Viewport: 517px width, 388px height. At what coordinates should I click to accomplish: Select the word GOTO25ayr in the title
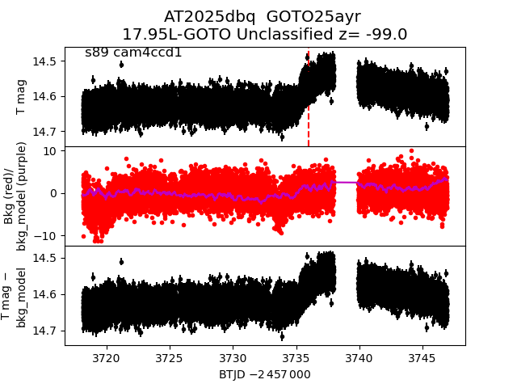coord(313,16)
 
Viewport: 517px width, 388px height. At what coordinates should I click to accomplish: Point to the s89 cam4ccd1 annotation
coord(133,53)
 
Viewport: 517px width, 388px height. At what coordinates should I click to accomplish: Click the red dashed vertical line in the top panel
coord(309,121)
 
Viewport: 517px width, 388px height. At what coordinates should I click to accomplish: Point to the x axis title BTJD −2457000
coord(264,374)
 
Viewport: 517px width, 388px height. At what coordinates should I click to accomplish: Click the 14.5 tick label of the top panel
coord(48,61)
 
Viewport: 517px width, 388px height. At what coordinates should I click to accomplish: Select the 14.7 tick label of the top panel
coord(48,131)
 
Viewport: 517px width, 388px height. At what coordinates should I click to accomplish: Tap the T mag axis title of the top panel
coord(21,97)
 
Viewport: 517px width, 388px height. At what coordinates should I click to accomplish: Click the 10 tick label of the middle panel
coord(50,150)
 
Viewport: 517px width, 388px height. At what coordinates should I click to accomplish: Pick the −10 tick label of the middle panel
coord(47,235)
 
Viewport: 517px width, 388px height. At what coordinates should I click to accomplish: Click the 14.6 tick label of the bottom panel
coord(48,294)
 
